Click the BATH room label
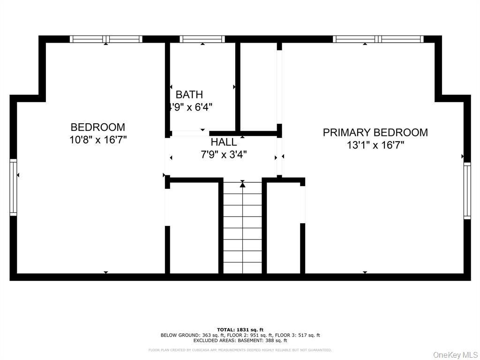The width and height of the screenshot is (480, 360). pos(189,95)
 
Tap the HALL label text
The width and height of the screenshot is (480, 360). pos(224,142)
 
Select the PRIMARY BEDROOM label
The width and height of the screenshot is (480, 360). pos(375,133)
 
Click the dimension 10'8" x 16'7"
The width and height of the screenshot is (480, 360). pos(98,139)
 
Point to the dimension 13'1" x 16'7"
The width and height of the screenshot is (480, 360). pos(375,145)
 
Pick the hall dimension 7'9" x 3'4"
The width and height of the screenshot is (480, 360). pos(224,154)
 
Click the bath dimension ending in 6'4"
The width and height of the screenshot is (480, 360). pos(191,107)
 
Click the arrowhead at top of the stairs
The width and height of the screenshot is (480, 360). pos(242,185)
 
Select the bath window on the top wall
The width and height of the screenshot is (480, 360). pos(202,39)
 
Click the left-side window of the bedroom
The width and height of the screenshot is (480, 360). pos(13,187)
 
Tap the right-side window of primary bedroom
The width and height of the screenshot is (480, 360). pos(467,191)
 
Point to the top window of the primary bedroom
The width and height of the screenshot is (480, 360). pos(378,39)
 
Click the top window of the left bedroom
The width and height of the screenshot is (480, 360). pos(106,39)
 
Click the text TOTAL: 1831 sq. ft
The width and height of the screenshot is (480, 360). pos(240,330)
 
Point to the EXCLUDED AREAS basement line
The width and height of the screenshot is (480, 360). pos(240,340)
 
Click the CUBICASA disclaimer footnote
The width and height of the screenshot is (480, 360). pos(240,350)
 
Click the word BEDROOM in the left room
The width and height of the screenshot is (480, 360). pos(98,127)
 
